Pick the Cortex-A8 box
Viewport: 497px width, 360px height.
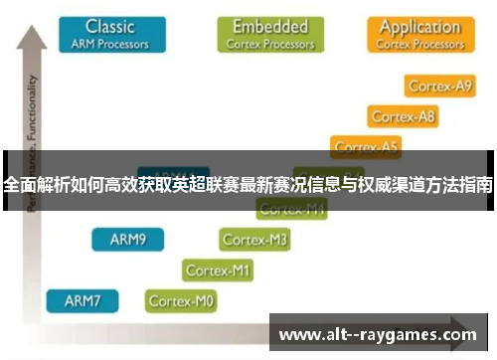click(404, 117)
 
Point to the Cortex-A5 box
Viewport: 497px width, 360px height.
click(366, 146)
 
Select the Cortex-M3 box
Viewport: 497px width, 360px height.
click(255, 240)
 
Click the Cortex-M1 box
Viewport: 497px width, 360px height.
click(219, 270)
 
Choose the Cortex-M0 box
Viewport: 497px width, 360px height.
click(181, 299)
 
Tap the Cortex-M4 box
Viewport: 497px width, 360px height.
click(291, 210)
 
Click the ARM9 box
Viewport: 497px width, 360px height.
click(127, 240)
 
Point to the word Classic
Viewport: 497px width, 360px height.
click(110, 25)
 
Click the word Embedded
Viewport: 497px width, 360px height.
click(270, 25)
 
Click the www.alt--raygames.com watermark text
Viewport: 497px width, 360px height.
click(378, 334)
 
